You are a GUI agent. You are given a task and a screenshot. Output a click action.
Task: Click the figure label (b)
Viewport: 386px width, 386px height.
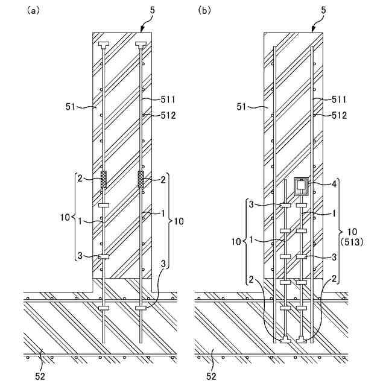coord(204,11)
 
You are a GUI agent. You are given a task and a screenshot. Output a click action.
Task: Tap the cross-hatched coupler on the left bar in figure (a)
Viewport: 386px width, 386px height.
coord(104,180)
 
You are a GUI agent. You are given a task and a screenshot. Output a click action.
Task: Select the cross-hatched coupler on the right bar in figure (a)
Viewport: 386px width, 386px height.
coord(142,180)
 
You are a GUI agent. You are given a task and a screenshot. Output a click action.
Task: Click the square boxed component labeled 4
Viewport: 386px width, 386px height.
coord(302,186)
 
